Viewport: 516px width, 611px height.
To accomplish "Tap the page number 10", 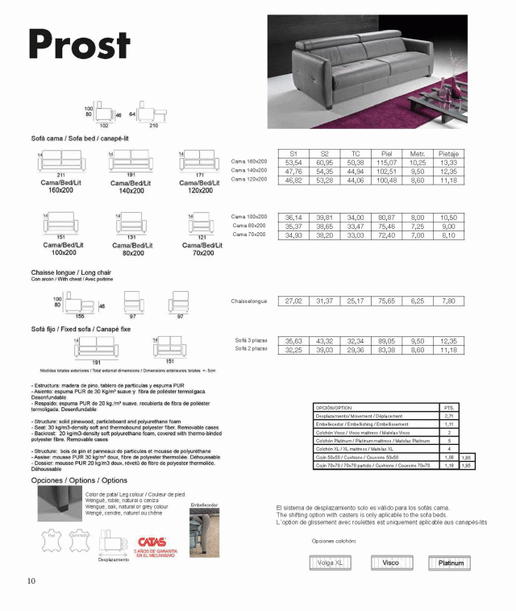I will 31,580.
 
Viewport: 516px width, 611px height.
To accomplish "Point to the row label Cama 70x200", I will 250,235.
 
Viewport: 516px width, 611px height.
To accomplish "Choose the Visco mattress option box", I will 391,563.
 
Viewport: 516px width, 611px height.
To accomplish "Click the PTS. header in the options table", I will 448,408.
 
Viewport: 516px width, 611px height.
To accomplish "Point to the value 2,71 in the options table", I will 448,416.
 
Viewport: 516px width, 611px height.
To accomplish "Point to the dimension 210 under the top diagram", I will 153,126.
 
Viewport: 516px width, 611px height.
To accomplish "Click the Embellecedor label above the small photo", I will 204,505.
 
